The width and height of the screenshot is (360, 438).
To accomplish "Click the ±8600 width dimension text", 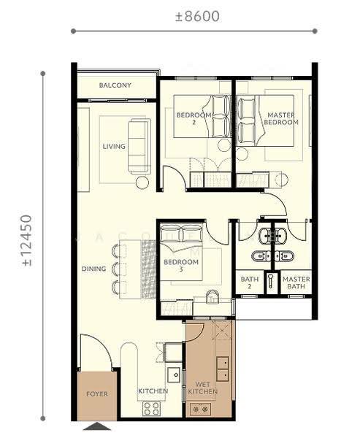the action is (197, 16).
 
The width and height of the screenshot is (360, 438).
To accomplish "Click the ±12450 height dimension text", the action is (27, 240).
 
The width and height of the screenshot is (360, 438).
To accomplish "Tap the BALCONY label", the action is (115, 85).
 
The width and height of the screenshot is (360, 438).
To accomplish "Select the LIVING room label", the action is (114, 147).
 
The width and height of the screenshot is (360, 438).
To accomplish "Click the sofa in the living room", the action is (139, 147).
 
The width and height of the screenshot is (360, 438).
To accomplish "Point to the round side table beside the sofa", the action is (142, 182).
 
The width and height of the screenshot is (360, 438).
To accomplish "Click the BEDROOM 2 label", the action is (194, 118).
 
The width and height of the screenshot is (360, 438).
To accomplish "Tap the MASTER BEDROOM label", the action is (281, 118).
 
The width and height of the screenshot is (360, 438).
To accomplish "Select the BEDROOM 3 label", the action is (181, 266).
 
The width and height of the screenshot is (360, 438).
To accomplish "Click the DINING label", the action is (94, 269).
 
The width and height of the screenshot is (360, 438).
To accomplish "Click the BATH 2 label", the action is (250, 283).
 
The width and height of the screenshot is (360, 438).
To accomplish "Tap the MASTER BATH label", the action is (296, 283).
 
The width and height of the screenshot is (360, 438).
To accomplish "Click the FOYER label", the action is (97, 394).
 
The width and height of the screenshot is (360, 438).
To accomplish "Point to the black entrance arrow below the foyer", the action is (97, 426).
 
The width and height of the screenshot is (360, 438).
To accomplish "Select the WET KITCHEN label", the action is (203, 388).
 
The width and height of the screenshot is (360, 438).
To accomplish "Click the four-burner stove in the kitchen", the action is (151, 409).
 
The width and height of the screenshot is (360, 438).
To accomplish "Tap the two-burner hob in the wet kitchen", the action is (200, 410).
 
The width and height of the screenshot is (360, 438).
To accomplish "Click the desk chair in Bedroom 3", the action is (212, 296).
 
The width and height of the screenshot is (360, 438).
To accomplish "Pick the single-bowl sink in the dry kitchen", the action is (175, 375).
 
